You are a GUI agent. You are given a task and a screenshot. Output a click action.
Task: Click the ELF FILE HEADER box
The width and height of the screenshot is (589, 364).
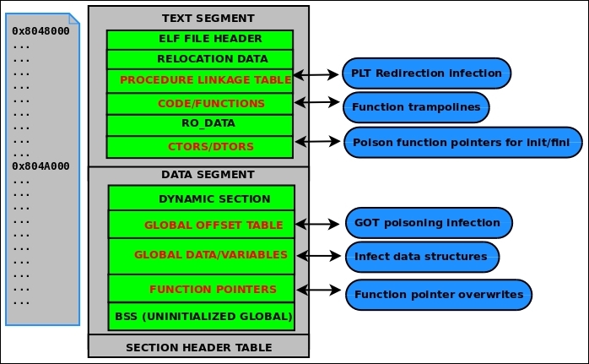click(199, 40)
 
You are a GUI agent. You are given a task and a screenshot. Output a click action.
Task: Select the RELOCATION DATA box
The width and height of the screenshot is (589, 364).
click(199, 59)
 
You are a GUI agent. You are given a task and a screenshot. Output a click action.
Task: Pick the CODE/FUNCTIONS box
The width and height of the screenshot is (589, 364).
click(199, 104)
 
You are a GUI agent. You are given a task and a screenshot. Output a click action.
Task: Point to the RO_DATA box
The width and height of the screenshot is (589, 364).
click(199, 124)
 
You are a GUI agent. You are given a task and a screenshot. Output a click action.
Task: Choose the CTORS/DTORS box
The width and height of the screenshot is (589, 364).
click(199, 146)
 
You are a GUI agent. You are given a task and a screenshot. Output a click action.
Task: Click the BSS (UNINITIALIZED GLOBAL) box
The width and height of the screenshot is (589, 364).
click(202, 317)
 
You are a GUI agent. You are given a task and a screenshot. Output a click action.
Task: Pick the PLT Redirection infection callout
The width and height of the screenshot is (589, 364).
click(427, 73)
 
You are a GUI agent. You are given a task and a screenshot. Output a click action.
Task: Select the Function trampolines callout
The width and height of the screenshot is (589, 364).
click(416, 107)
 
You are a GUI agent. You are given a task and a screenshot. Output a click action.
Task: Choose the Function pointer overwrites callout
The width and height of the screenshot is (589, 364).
click(439, 295)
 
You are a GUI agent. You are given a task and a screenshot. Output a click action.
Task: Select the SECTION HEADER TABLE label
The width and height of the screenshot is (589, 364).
click(198, 346)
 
